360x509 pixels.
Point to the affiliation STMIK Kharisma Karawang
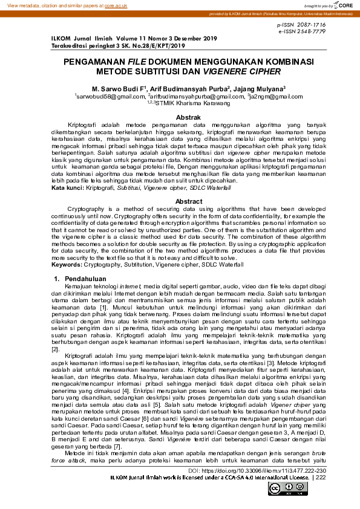pos(185,103)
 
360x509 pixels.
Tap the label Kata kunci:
pos(67,188)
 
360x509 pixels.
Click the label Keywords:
pos(67,264)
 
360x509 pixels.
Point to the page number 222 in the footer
pos(321,477)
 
